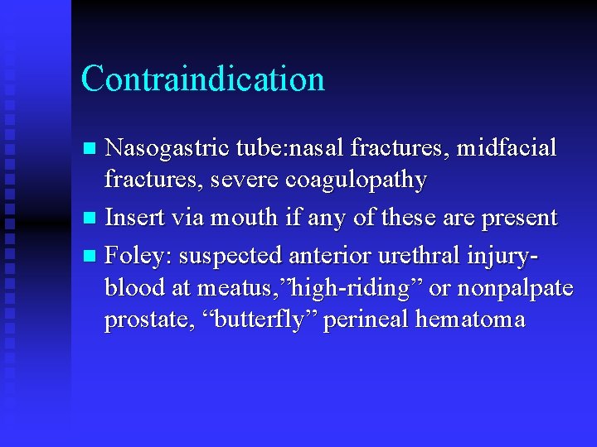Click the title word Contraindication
tap(202, 79)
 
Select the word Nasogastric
tap(156, 150)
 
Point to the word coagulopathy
tap(369, 180)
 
